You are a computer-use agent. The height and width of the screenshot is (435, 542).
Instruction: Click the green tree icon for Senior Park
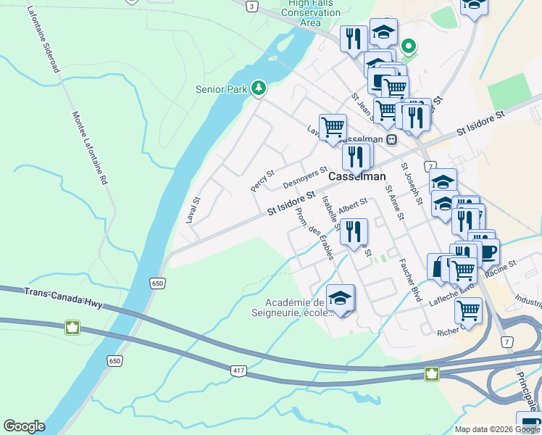[259, 88]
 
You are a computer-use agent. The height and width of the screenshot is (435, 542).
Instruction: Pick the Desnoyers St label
[301, 175]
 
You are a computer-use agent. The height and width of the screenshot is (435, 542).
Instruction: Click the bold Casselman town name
[357, 177]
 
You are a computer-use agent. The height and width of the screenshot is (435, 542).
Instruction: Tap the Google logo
[24, 426]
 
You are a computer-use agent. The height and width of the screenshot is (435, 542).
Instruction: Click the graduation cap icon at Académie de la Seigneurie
[340, 297]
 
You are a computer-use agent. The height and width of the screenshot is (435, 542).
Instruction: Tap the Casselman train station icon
[391, 139]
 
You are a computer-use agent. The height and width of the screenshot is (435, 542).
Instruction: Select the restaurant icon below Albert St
[354, 231]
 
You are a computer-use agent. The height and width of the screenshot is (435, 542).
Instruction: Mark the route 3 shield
[251, 6]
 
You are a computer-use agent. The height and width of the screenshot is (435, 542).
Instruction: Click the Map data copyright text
[496, 429]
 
